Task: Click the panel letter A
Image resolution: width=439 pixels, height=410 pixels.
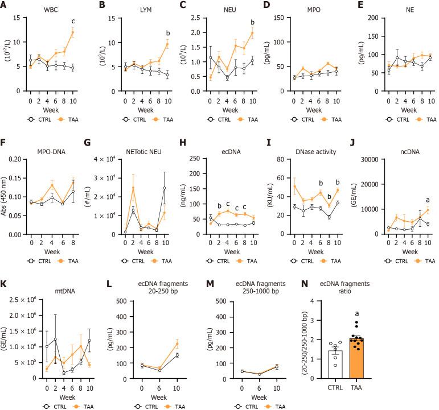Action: click(x=5, y=6)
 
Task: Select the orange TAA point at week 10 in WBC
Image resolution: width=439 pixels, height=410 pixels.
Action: click(x=72, y=32)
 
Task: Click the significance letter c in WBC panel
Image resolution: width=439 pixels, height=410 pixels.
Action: click(x=72, y=22)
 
